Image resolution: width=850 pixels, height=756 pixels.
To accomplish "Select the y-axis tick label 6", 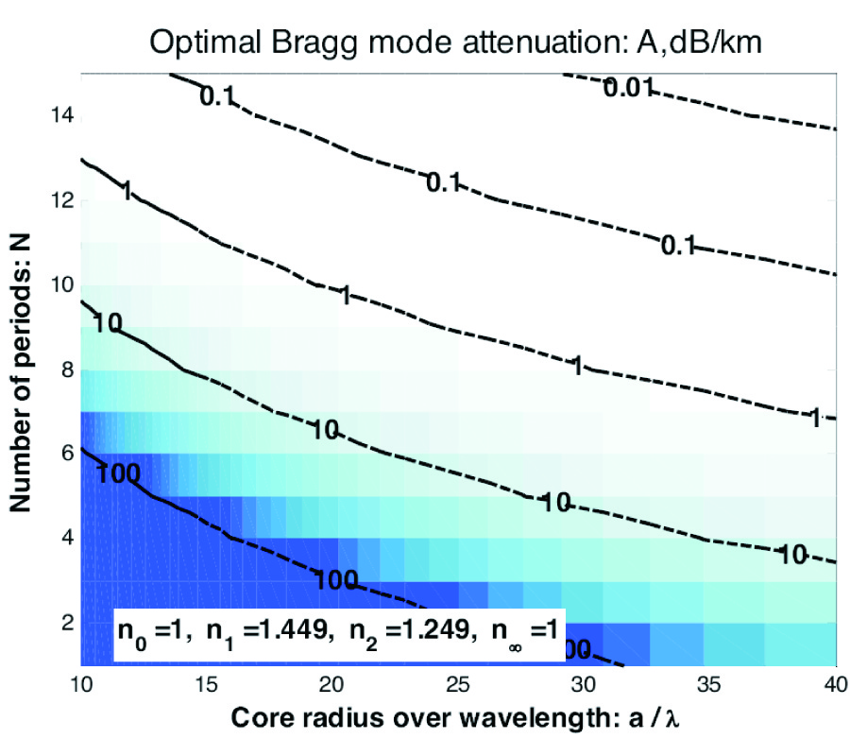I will (x=65, y=455).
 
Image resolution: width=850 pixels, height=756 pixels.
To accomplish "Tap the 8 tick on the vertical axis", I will (x=65, y=370).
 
